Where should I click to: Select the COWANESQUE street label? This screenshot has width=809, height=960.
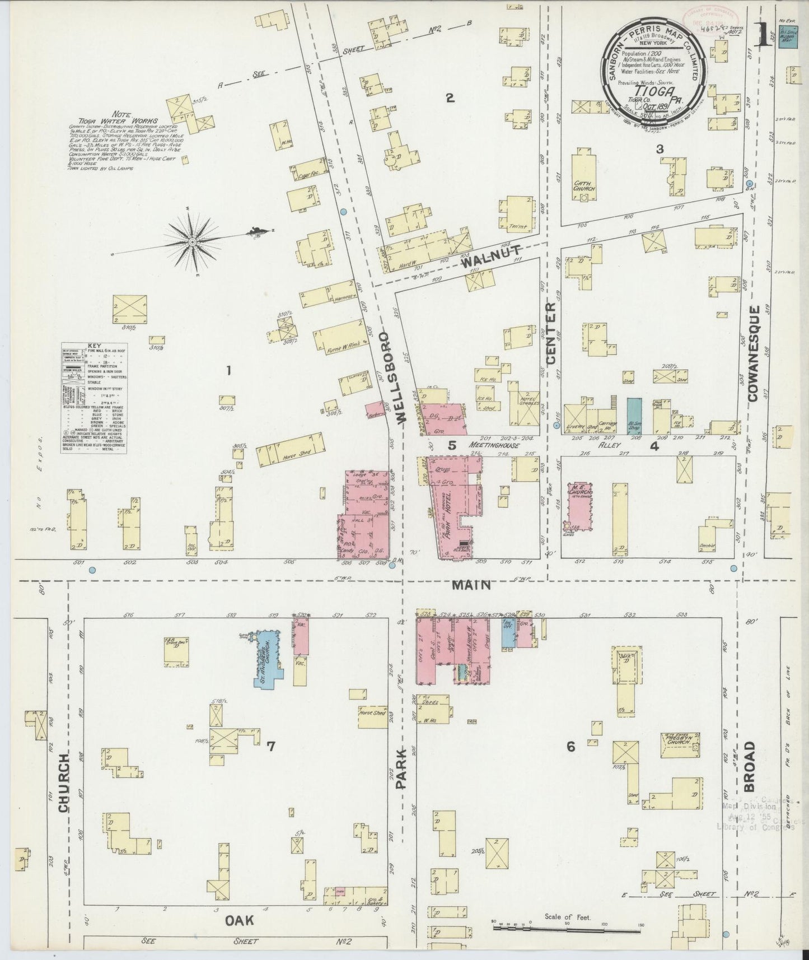click(x=752, y=353)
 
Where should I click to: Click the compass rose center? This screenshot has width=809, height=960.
click(x=192, y=242)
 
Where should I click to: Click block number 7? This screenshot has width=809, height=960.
click(x=270, y=745)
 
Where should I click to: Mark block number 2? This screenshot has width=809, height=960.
click(x=449, y=99)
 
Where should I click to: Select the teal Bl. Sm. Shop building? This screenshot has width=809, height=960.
click(x=634, y=416)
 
